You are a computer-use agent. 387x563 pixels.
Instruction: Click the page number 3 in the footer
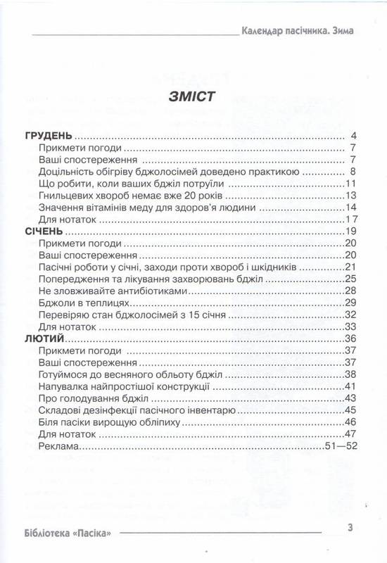[350, 527]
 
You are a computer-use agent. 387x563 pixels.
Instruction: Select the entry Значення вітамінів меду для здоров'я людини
[141, 207]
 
